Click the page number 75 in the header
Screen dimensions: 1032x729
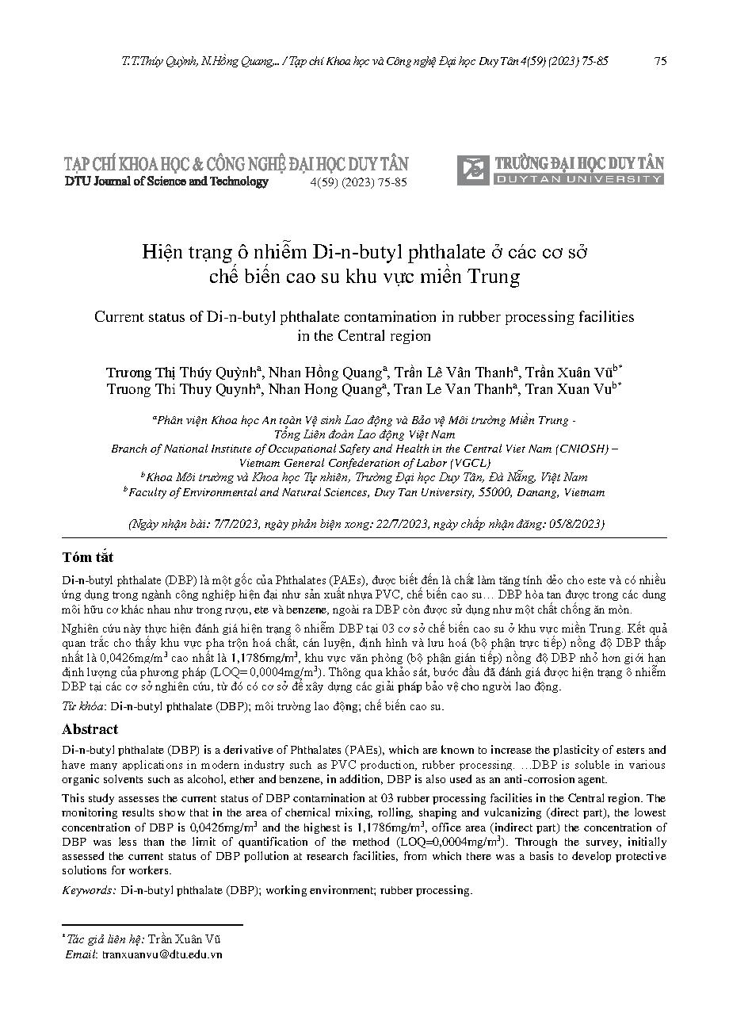[x=660, y=61]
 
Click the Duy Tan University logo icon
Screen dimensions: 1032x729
[x=474, y=169]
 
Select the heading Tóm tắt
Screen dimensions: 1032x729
[x=87, y=557]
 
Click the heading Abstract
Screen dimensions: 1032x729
[x=90, y=729]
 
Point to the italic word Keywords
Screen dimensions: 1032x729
[x=90, y=890]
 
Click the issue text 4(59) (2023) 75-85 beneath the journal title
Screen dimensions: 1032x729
[x=357, y=182]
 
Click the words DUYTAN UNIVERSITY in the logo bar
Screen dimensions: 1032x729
[x=579, y=180]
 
